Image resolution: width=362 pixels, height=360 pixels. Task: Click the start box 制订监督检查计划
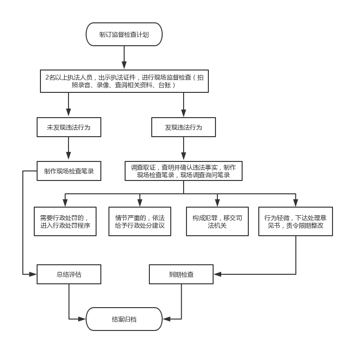[x=124, y=34]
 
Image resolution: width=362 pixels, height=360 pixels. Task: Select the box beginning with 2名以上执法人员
[x=124, y=81]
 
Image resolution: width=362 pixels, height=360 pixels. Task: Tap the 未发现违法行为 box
[x=69, y=127]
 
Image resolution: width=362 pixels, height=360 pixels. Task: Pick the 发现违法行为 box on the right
[x=184, y=127]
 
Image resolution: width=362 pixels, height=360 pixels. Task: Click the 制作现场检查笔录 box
[x=69, y=171]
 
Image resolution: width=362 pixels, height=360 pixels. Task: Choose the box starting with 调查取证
[x=184, y=171]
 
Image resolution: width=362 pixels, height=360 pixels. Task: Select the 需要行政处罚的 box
[x=65, y=221]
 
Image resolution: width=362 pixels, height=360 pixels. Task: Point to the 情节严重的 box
[x=140, y=221]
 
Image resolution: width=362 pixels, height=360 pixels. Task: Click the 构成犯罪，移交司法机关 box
[x=217, y=221]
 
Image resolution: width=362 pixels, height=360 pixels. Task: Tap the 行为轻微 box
[x=295, y=221]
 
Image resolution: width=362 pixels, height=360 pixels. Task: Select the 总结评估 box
[x=69, y=274]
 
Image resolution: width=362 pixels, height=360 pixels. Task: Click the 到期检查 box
[x=181, y=274]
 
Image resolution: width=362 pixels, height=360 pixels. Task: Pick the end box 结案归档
[x=124, y=319]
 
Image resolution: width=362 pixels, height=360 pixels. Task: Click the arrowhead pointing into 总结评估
[x=33, y=274]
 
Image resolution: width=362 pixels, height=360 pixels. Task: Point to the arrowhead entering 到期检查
[x=217, y=274]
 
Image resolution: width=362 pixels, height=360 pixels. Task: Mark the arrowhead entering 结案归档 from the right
[x=166, y=319]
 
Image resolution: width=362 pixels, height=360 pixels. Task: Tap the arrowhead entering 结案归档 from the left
[x=82, y=319]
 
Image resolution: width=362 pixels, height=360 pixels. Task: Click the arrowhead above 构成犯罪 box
[x=217, y=203]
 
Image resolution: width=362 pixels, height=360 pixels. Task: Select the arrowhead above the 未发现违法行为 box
[x=68, y=112]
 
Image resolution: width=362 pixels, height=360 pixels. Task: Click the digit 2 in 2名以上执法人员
[x=47, y=78]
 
